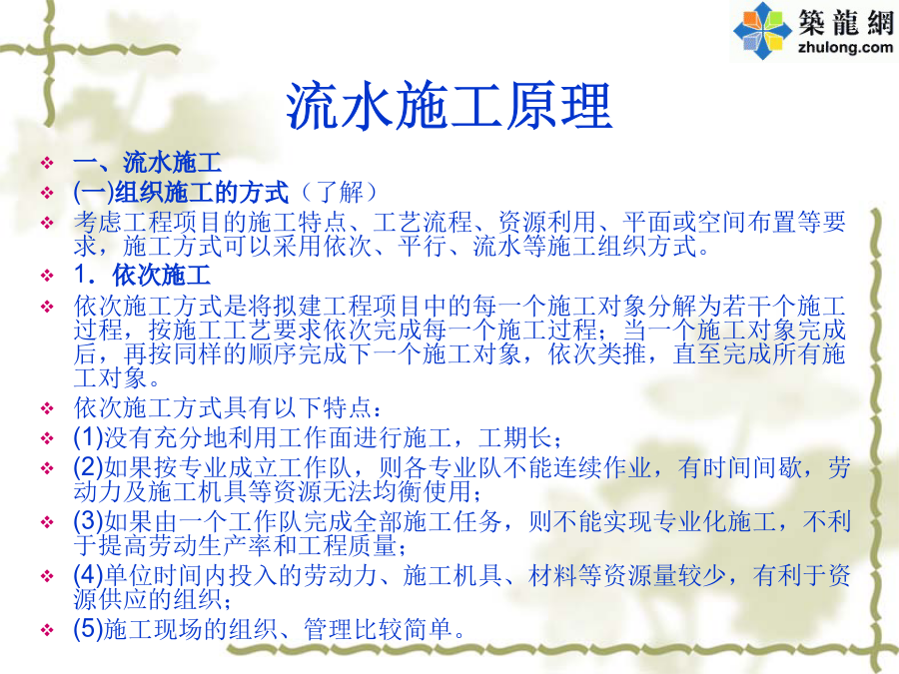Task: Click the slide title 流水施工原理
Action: tap(449, 106)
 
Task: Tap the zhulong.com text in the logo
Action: tap(845, 46)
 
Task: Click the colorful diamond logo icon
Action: tap(761, 30)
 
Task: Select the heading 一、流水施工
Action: tap(148, 163)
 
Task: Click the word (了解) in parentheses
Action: tap(339, 192)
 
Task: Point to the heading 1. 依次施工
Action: tap(142, 276)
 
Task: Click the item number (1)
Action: tap(88, 438)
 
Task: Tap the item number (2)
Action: tap(88, 468)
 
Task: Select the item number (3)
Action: tap(88, 521)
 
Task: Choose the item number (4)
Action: tap(88, 575)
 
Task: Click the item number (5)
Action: tap(88, 629)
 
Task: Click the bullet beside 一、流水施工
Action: tap(47, 164)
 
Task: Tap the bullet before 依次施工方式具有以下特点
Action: tap(47, 409)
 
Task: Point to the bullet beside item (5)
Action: tap(47, 630)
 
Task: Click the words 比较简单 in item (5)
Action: tap(402, 629)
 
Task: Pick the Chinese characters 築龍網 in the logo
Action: tap(846, 22)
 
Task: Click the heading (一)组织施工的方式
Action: tap(181, 192)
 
